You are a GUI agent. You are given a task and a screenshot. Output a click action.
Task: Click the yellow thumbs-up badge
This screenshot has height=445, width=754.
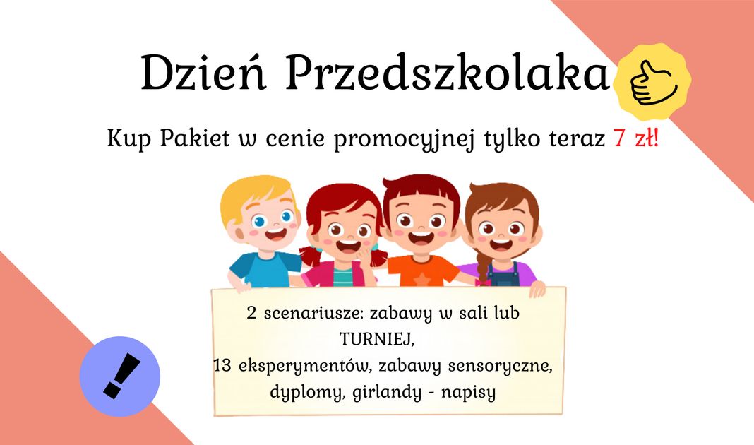(652, 79)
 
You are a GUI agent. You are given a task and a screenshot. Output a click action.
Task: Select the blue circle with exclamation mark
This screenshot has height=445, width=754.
(120, 376)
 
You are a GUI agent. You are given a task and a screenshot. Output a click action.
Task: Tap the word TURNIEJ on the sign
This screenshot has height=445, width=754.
(375, 340)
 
